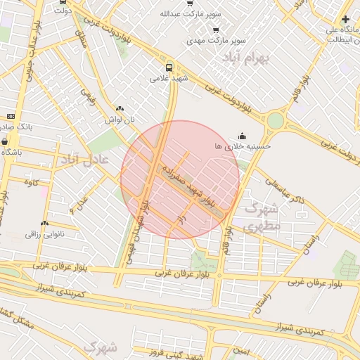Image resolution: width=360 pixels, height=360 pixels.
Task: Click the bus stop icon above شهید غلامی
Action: coord(168,67)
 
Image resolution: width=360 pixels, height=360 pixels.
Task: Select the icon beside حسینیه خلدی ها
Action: coord(243,135)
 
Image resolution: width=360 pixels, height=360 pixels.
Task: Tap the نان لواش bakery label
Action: coord(119,120)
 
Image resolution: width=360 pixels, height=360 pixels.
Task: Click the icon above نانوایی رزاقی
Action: coord(44,223)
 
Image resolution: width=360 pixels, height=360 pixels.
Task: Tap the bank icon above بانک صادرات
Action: coord(11,116)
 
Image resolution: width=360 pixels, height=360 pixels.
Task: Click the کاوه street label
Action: coord(30,183)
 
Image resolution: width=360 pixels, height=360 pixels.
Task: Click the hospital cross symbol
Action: coord(345,19)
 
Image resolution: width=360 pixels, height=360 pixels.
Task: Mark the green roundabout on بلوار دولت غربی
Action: coord(275,120)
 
